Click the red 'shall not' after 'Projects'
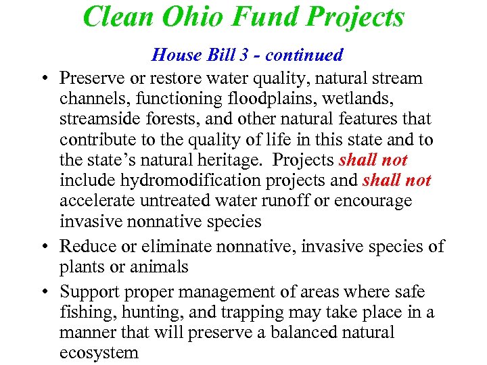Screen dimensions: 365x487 (373, 160)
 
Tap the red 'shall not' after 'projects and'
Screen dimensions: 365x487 (397, 180)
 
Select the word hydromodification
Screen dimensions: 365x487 (178, 180)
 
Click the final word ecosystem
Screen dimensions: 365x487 (99, 353)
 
